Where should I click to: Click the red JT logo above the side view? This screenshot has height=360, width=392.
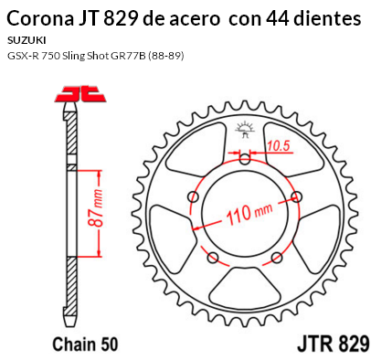coord(80,94)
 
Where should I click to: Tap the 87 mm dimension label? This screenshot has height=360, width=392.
coord(95,207)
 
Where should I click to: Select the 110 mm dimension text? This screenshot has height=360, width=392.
coord(249,213)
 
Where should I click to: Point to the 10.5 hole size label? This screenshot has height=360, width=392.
coord(279,146)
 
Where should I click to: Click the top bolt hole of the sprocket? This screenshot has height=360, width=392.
coord(245,159)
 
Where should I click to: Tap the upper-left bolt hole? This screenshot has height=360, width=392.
coord(194,196)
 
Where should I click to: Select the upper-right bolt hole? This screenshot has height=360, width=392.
coord(296,196)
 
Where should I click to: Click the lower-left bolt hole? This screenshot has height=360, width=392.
coord(213,258)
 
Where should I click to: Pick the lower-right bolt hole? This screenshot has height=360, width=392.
coord(277,258)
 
